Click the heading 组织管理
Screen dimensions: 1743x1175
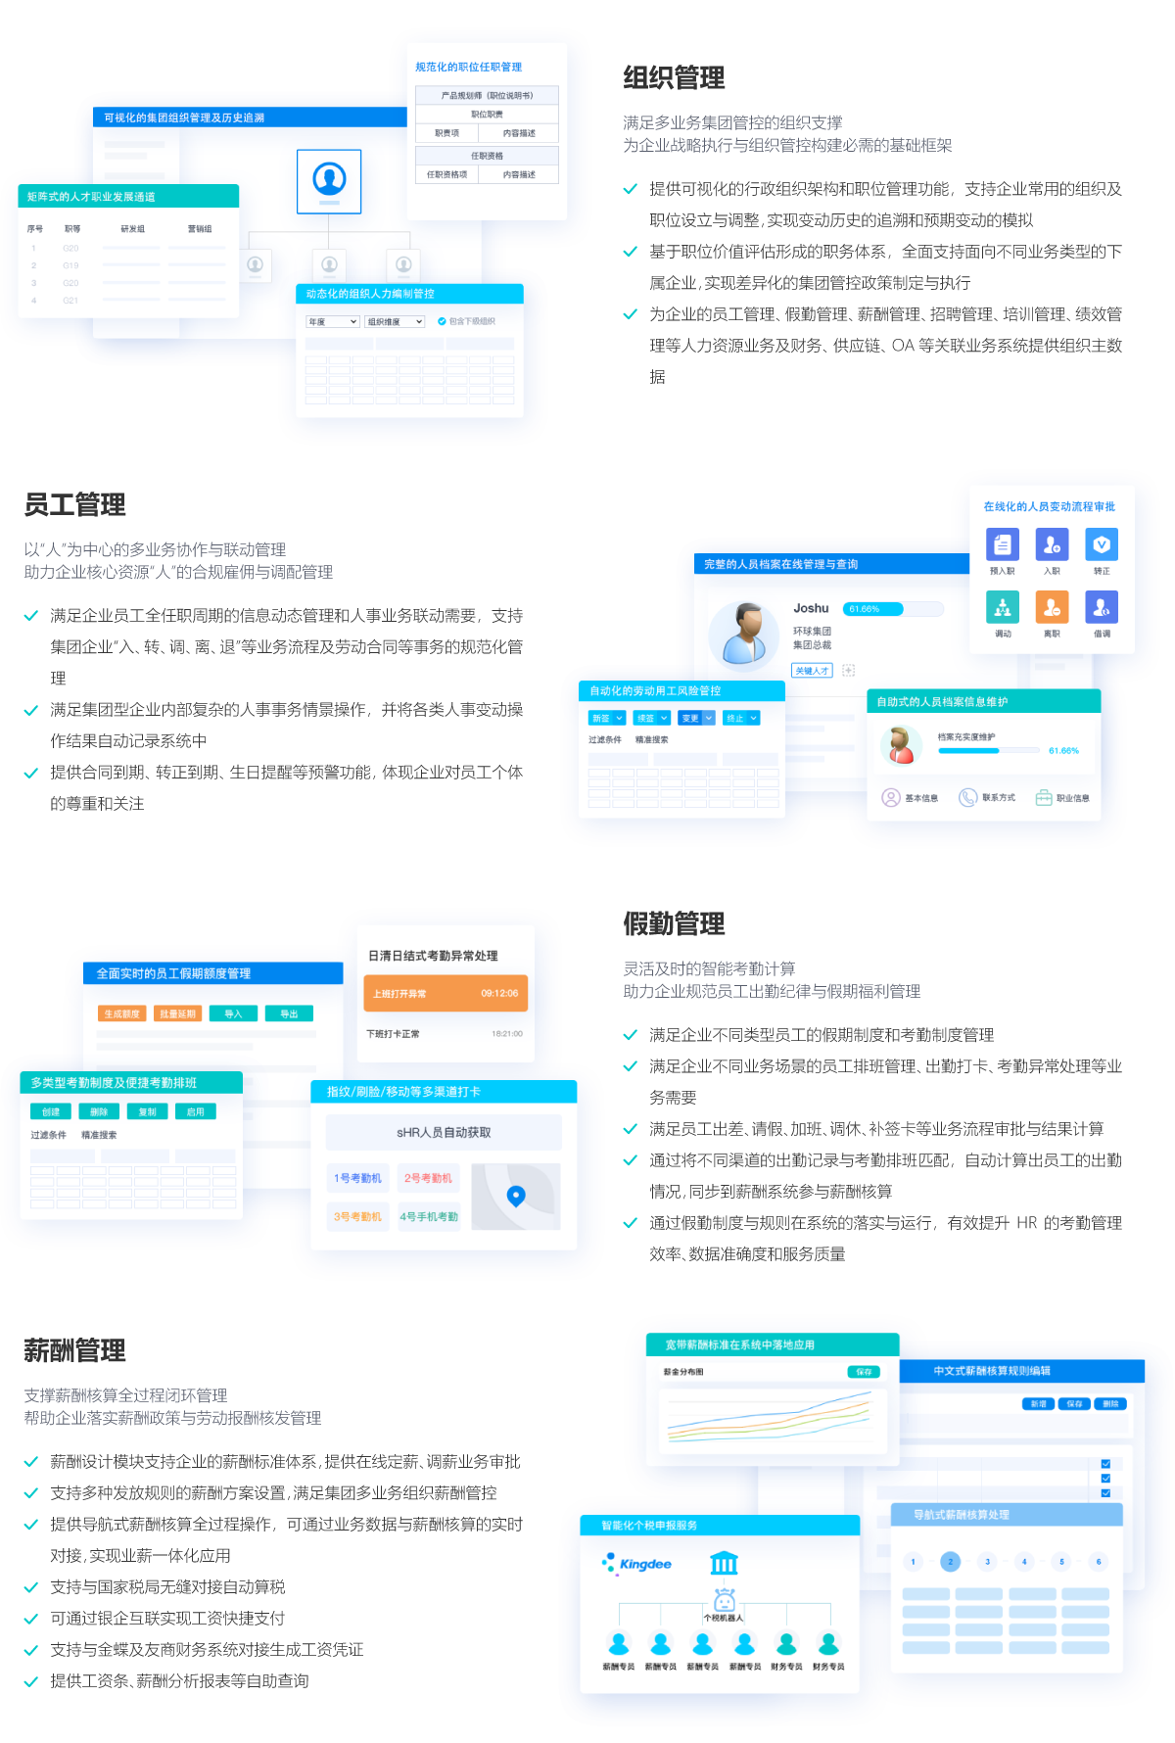pos(674,78)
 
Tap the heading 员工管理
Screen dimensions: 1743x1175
pos(75,505)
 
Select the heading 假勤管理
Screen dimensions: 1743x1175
pos(674,923)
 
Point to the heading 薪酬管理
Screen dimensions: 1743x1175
pos(75,1351)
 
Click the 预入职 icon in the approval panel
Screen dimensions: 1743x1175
pos(1002,544)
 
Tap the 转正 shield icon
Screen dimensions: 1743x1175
pos(1102,544)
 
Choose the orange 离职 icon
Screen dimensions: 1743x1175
pos(1052,607)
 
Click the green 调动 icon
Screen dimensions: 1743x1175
pos(1002,607)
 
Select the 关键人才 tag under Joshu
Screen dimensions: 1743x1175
pos(812,671)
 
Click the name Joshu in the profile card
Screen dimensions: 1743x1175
pos(811,608)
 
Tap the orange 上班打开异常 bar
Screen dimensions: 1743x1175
pos(446,993)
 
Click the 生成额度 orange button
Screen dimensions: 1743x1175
pos(122,1013)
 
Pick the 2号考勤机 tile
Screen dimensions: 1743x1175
pos(428,1178)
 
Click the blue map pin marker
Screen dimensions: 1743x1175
pos(516,1195)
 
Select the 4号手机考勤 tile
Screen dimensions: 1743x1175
pos(429,1216)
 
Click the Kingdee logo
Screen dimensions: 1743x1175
pos(638,1564)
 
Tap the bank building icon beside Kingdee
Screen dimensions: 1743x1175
pos(724,1563)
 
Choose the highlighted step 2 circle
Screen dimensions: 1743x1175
pos(950,1562)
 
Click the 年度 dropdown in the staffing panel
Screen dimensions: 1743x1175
pos(333,321)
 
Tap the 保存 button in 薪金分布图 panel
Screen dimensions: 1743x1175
pos(864,1372)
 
